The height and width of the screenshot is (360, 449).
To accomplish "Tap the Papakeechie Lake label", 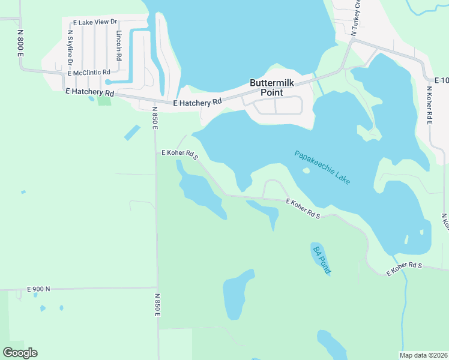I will [322, 167].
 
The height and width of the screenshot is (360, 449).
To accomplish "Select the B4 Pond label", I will [321, 259].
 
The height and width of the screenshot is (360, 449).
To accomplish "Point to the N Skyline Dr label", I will [70, 48].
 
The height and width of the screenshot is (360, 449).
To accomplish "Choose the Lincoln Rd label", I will [119, 46].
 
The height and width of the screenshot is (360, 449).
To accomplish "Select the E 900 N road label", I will [38, 289].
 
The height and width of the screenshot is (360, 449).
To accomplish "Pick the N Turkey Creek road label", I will [357, 18].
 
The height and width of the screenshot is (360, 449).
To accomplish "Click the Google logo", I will [20, 353].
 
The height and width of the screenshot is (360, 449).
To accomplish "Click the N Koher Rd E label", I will [429, 106].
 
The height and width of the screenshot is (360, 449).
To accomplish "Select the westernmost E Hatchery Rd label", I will [89, 93].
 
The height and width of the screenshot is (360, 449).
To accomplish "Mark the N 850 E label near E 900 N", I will [158, 305].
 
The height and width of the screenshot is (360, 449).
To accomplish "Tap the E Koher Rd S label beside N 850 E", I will [179, 154].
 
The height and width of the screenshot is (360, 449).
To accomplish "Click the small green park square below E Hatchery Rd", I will [105, 100].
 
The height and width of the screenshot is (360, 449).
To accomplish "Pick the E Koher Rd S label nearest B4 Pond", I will [303, 208].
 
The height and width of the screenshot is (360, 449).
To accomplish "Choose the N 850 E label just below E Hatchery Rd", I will [154, 118].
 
